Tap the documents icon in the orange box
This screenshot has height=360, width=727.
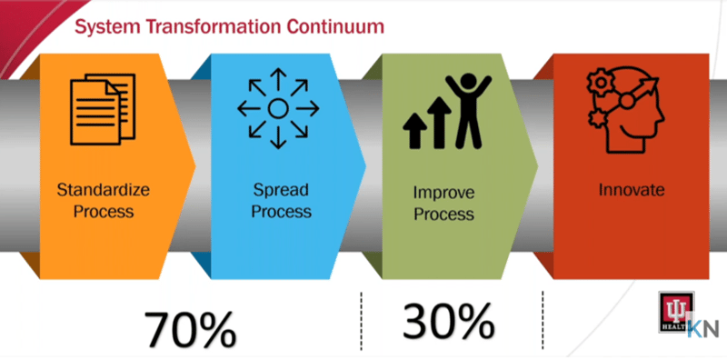coord(102,107)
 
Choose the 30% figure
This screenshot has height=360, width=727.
coord(449,320)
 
